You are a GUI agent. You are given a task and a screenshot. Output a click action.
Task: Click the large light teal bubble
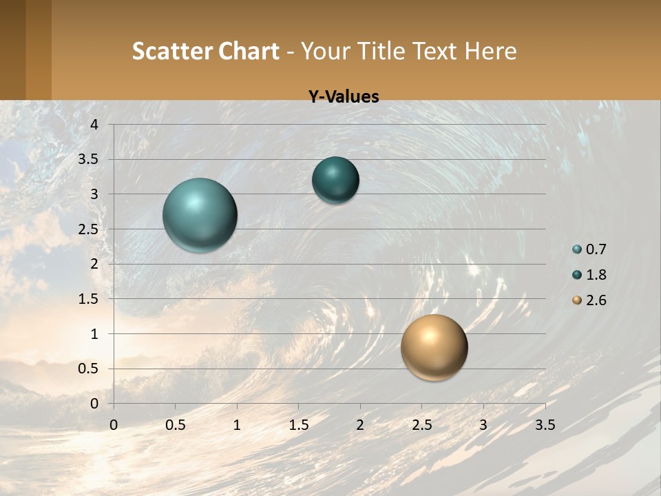(200, 215)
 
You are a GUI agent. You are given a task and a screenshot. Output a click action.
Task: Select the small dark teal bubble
(335, 180)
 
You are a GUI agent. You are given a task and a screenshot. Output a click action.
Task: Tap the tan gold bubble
(434, 347)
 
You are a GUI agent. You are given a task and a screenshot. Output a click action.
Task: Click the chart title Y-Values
(343, 97)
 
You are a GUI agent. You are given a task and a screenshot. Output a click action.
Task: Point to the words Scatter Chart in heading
(206, 51)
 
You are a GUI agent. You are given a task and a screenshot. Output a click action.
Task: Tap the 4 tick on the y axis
(94, 125)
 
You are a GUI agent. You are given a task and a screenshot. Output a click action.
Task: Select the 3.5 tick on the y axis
(90, 160)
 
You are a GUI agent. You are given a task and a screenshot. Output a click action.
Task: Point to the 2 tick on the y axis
(94, 264)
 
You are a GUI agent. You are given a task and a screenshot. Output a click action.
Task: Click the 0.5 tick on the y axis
(90, 369)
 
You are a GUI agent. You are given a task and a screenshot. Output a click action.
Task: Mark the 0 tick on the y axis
(94, 404)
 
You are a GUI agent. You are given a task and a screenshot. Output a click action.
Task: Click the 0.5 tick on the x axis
(176, 425)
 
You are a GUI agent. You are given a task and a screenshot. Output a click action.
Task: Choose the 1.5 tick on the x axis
(299, 425)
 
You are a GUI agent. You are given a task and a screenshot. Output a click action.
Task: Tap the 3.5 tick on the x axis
(545, 425)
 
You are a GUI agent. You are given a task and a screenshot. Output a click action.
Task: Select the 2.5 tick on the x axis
(422, 425)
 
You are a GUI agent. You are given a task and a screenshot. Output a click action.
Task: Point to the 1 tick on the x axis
(237, 425)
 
